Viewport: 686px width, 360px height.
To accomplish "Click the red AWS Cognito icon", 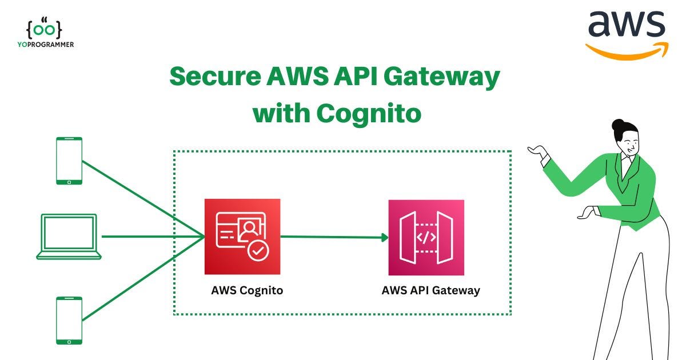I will point(242,237).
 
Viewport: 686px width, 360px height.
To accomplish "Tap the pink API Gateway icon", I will point(426,237).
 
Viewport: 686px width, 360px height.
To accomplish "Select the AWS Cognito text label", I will point(247,290).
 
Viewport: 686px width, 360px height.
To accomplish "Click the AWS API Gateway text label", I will point(430,290).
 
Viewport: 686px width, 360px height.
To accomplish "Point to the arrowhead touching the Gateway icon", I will point(385,237).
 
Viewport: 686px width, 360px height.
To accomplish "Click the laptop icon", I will point(69,237).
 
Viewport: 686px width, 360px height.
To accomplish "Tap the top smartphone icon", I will point(69,161).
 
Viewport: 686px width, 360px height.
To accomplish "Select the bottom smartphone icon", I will point(69,320).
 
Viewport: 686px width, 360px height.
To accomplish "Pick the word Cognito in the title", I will point(369,113).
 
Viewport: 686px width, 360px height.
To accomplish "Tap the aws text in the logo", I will point(627,25).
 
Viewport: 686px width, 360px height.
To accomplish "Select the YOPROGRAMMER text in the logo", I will point(45,44).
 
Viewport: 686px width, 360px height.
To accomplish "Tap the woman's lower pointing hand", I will point(587,213).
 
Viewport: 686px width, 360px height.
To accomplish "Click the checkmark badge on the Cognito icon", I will point(258,250).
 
